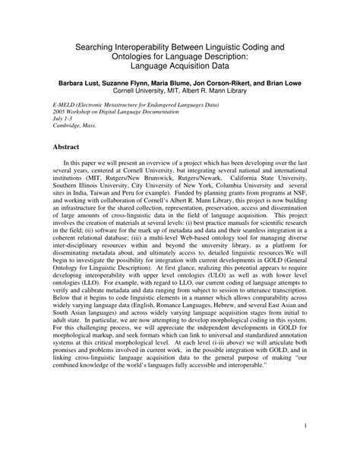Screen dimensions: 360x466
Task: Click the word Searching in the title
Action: tap(93, 46)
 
